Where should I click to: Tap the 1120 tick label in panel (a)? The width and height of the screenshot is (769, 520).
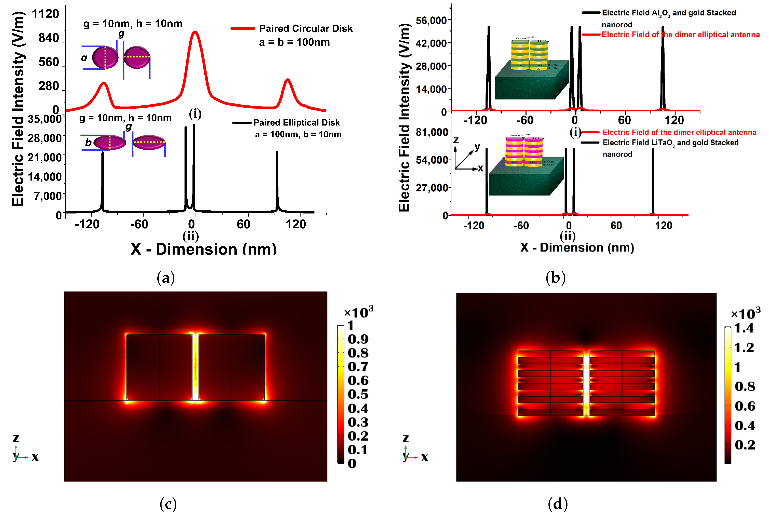(45, 14)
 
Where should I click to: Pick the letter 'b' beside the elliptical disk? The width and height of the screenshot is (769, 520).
(88, 142)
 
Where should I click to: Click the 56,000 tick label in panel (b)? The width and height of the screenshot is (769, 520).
(431, 21)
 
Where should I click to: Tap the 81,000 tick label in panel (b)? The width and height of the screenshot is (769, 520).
(432, 132)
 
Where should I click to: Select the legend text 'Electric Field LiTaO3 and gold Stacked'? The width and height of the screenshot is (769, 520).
(670, 143)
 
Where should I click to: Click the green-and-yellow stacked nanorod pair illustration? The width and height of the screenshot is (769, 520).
(529, 55)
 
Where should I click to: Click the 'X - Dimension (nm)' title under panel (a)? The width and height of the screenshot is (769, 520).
(204, 249)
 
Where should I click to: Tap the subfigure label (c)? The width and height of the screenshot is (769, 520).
(168, 504)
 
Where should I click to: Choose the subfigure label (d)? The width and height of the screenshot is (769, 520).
(558, 504)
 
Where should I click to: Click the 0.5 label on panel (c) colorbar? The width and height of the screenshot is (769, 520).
(358, 394)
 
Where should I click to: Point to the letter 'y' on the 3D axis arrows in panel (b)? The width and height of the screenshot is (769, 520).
(477, 147)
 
